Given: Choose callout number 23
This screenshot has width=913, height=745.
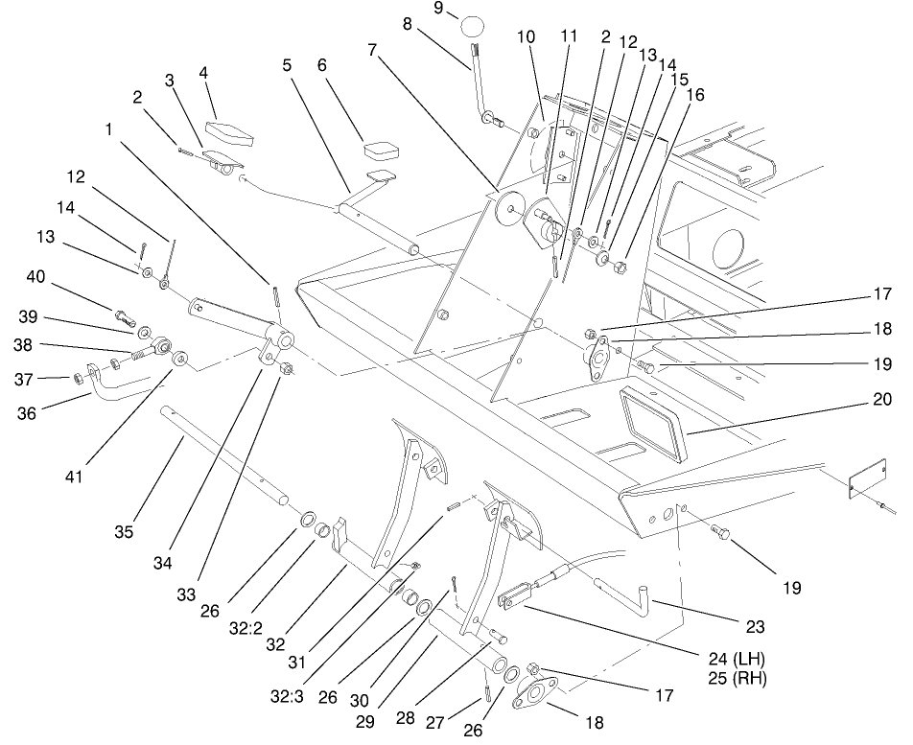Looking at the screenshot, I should (755, 628).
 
